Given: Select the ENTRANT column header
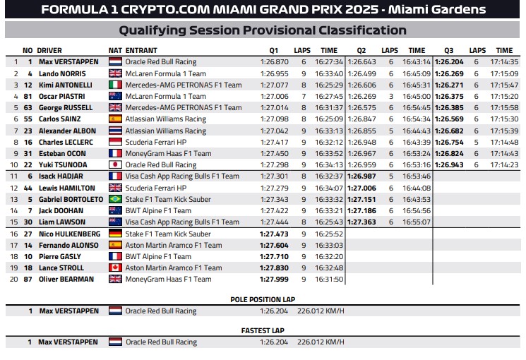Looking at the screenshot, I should pyautogui.click(x=141, y=51).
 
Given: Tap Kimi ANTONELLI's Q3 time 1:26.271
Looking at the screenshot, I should pyautogui.click(x=449, y=85).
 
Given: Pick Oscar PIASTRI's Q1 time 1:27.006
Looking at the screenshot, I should pyautogui.click(x=274, y=96).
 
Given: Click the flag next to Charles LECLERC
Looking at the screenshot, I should pyautogui.click(x=115, y=142).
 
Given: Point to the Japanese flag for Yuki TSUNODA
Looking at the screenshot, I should pyautogui.click(x=115, y=165).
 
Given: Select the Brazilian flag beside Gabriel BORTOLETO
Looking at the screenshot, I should pyautogui.click(x=115, y=199).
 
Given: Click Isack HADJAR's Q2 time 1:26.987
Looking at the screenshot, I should pyautogui.click(x=361, y=176).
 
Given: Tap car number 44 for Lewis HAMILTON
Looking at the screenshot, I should pyautogui.click(x=28, y=188).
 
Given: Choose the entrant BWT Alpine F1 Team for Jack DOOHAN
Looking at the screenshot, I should pyautogui.click(x=158, y=210).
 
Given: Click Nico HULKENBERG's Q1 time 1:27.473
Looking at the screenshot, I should pyautogui.click(x=274, y=234).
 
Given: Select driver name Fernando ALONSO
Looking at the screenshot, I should pyautogui.click(x=66, y=245).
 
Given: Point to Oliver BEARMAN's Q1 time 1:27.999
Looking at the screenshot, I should pyautogui.click(x=274, y=280).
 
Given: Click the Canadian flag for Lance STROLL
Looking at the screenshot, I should pyautogui.click(x=115, y=268).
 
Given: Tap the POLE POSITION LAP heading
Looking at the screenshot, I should pyautogui.click(x=262, y=299).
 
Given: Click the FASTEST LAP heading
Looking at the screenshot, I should pyautogui.click(x=262, y=330).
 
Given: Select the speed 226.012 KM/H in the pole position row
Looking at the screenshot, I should pyautogui.click(x=321, y=311).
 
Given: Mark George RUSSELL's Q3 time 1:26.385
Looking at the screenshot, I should pyautogui.click(x=449, y=107).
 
